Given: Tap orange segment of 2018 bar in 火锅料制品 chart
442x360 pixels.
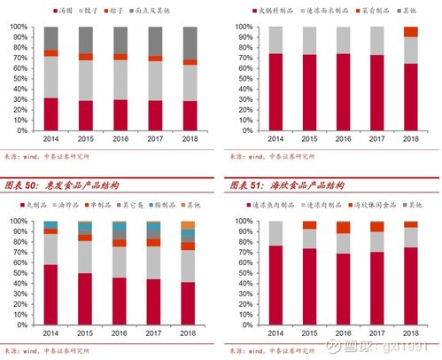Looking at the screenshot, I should click(x=411, y=32).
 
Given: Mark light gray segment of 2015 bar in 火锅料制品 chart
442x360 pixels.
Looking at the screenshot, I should click(x=310, y=41).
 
